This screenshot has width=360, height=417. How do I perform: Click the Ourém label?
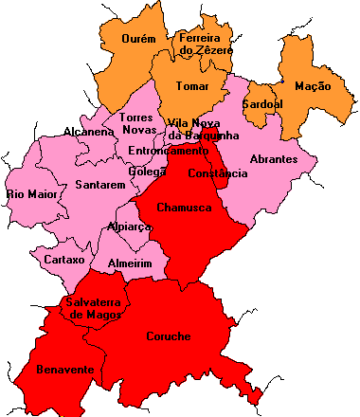139,39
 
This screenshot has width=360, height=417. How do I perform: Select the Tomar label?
191,86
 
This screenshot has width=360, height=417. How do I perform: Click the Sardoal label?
260,102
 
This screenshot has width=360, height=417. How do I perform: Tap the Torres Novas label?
139,122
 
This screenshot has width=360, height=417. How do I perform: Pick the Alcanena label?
88,131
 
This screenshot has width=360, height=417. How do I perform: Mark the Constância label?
217,174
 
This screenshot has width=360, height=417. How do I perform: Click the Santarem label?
99,185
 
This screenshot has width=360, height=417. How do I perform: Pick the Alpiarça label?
130,227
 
